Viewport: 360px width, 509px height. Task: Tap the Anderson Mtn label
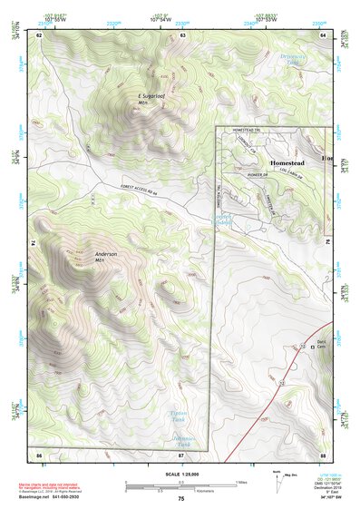[105, 257]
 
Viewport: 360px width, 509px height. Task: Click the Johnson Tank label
[183, 442]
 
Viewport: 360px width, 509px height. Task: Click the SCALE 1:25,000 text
[180, 474]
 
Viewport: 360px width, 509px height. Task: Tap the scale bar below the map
[180, 484]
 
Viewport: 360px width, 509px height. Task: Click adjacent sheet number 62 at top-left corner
[39, 34]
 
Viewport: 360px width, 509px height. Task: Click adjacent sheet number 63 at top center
[182, 34]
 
